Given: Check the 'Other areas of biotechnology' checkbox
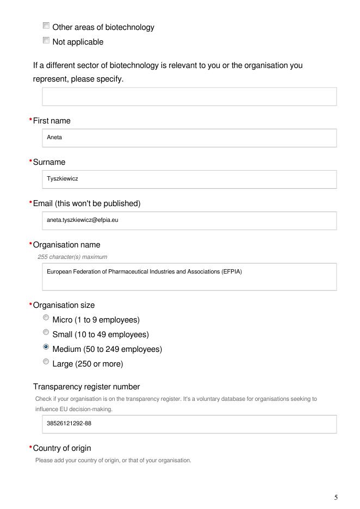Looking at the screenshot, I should tap(46, 26).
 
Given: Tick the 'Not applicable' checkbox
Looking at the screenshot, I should tap(46, 41).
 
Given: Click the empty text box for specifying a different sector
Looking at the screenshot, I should tap(189, 97).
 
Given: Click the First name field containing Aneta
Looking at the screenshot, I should tap(189, 138).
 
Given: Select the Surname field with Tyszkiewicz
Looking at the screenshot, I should tap(189, 179).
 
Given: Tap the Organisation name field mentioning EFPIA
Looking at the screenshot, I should tap(189, 277).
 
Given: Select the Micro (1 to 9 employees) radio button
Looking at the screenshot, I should tap(46, 319).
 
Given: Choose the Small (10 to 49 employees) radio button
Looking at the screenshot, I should tap(46, 333).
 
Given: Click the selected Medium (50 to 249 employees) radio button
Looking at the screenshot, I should tap(46, 348).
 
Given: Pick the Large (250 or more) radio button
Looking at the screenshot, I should tap(46, 363).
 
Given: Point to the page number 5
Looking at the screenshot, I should tap(336, 498).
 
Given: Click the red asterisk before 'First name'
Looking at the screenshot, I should tap(30, 121).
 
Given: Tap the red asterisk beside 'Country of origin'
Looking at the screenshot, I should tap(30, 448).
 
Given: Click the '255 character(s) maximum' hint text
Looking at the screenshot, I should tap(72, 257).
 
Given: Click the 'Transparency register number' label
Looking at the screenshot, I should tap(86, 387).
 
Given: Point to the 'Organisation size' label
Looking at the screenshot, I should tap(64, 305).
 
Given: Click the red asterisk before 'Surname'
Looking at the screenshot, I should tap(30, 162).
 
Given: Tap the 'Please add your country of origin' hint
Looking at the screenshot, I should tap(113, 461).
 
